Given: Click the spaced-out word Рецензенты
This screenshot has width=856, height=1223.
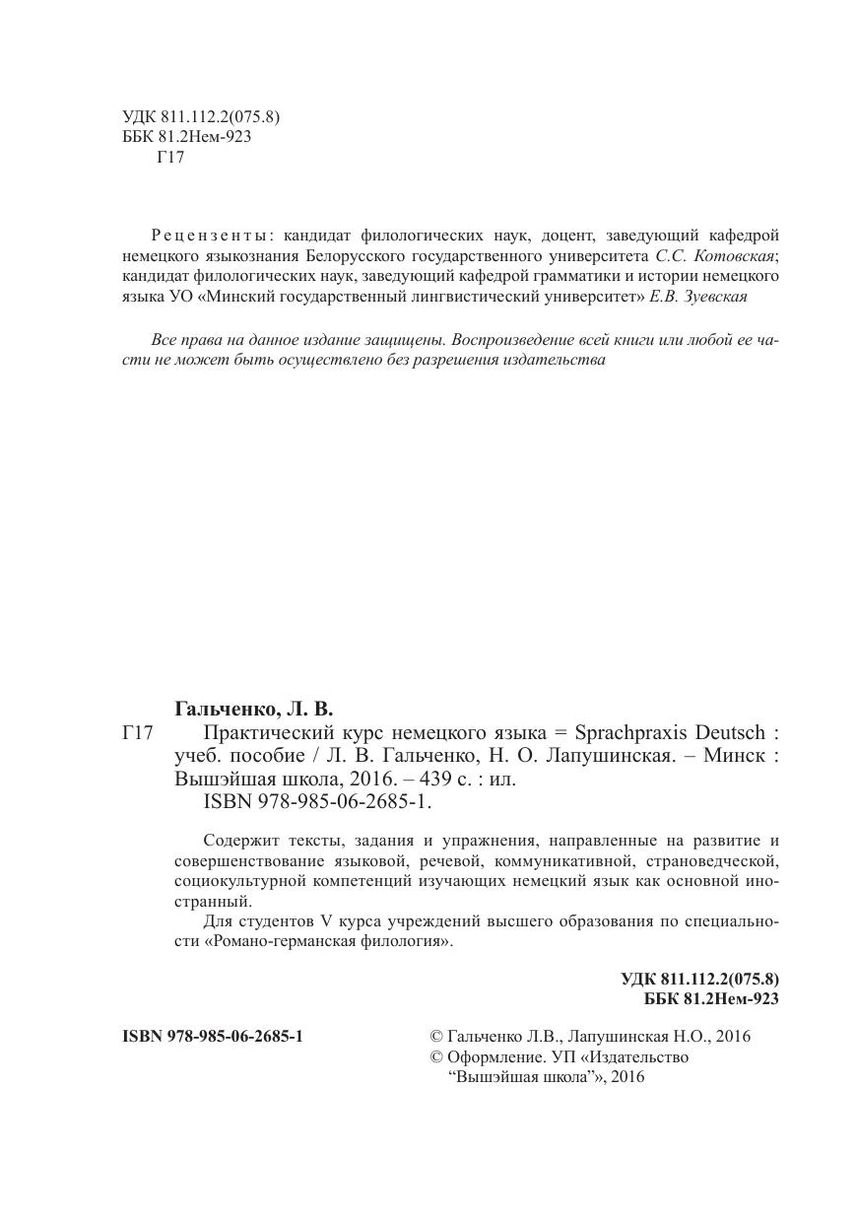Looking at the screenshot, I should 212,236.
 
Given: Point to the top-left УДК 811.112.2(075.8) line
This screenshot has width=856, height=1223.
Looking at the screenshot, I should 201,116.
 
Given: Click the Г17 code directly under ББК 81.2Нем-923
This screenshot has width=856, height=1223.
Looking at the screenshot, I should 170,157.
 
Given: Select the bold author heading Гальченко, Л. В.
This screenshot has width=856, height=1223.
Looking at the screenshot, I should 254,709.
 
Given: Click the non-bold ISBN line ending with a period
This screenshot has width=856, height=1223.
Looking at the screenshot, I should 317,801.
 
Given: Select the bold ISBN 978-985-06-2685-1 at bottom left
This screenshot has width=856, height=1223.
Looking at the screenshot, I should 213,1037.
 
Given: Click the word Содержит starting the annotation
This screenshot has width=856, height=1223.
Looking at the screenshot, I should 237,841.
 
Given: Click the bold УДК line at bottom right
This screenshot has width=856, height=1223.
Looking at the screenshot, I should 699,979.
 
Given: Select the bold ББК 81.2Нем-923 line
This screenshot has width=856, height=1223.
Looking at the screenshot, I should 711,999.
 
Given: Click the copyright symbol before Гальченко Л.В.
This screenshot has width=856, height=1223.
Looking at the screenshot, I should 436,1037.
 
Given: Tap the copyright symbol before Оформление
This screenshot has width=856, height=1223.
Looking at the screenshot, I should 436,1057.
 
